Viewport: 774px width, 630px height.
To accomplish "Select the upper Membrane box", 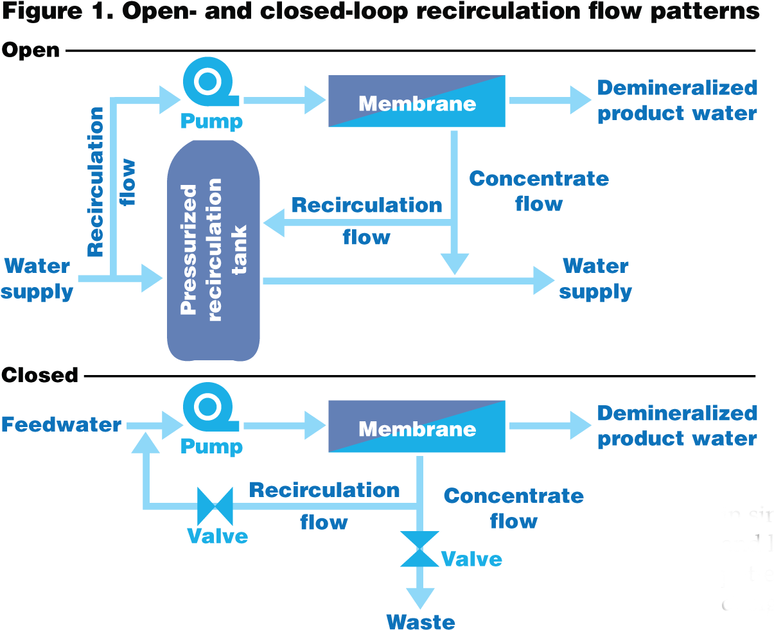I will tap(417, 101).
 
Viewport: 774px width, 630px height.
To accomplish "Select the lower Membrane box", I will tap(417, 427).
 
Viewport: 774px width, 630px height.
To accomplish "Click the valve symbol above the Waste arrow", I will tap(420, 549).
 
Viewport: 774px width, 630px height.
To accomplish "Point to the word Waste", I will tap(421, 621).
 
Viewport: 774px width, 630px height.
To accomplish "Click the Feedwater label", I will tap(62, 424).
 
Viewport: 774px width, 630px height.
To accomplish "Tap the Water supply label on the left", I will tap(37, 279).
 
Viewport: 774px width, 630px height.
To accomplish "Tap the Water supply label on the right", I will tap(595, 279).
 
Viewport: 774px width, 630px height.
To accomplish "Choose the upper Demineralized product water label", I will tap(677, 101).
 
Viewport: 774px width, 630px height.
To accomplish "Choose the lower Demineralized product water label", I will tap(677, 426).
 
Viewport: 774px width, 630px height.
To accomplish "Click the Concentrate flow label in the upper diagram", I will tap(539, 191).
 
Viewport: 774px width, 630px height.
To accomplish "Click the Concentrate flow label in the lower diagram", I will tap(514, 508).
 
